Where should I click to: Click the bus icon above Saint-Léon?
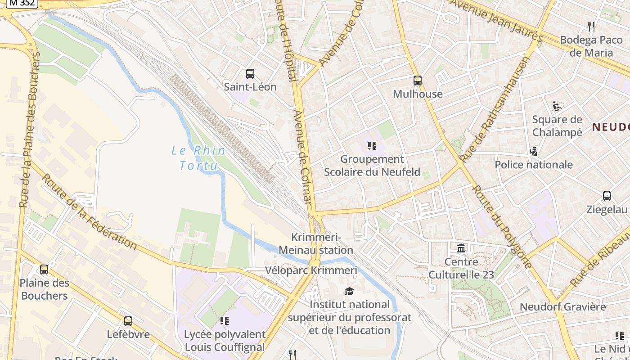click(x=250, y=73)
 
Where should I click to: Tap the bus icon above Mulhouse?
click(x=418, y=81)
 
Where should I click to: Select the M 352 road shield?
click(x=21, y=3)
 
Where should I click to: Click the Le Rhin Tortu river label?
click(x=198, y=157)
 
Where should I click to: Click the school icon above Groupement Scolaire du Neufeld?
click(x=372, y=146)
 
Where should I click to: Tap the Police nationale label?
click(x=534, y=165)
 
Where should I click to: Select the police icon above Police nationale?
click(x=534, y=151)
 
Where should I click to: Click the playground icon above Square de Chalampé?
click(x=557, y=106)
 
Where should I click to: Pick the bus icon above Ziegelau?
click(x=607, y=196)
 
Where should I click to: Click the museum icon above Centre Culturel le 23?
click(x=461, y=248)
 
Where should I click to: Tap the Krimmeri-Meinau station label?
click(x=316, y=243)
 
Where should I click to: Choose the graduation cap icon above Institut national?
click(x=349, y=291)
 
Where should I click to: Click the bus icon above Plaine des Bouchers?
click(x=44, y=270)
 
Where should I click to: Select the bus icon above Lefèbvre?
click(x=128, y=321)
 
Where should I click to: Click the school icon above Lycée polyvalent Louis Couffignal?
click(x=225, y=321)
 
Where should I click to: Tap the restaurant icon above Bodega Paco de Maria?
click(x=591, y=27)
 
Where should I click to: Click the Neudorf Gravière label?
click(x=562, y=307)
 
